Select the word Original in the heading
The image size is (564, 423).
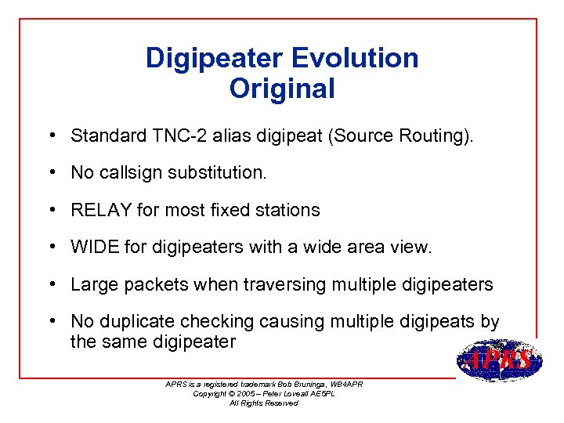(282, 89)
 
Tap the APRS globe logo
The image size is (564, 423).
(499, 360)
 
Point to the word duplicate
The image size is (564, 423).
(136, 322)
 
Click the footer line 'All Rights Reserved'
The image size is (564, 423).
(263, 403)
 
